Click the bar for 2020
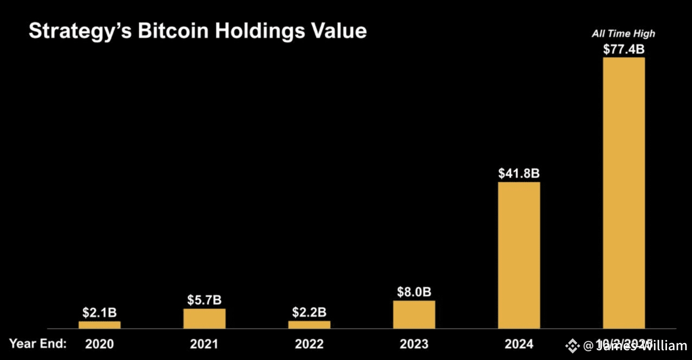[x=99, y=325]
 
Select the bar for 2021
[x=204, y=319]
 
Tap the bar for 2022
[x=309, y=325]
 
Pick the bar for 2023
[x=414, y=314]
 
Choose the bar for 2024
[x=519, y=255]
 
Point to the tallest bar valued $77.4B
[x=624, y=192]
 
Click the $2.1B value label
[x=99, y=313]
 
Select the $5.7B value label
[x=204, y=300]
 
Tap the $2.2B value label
[x=309, y=312]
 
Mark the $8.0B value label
[x=414, y=292]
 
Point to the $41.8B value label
[x=519, y=173]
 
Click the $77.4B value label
[x=624, y=49]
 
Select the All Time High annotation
[x=624, y=34]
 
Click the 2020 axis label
[x=99, y=344]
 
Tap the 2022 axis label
[x=309, y=344]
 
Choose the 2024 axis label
[x=519, y=344]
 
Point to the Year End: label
[x=37, y=343]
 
